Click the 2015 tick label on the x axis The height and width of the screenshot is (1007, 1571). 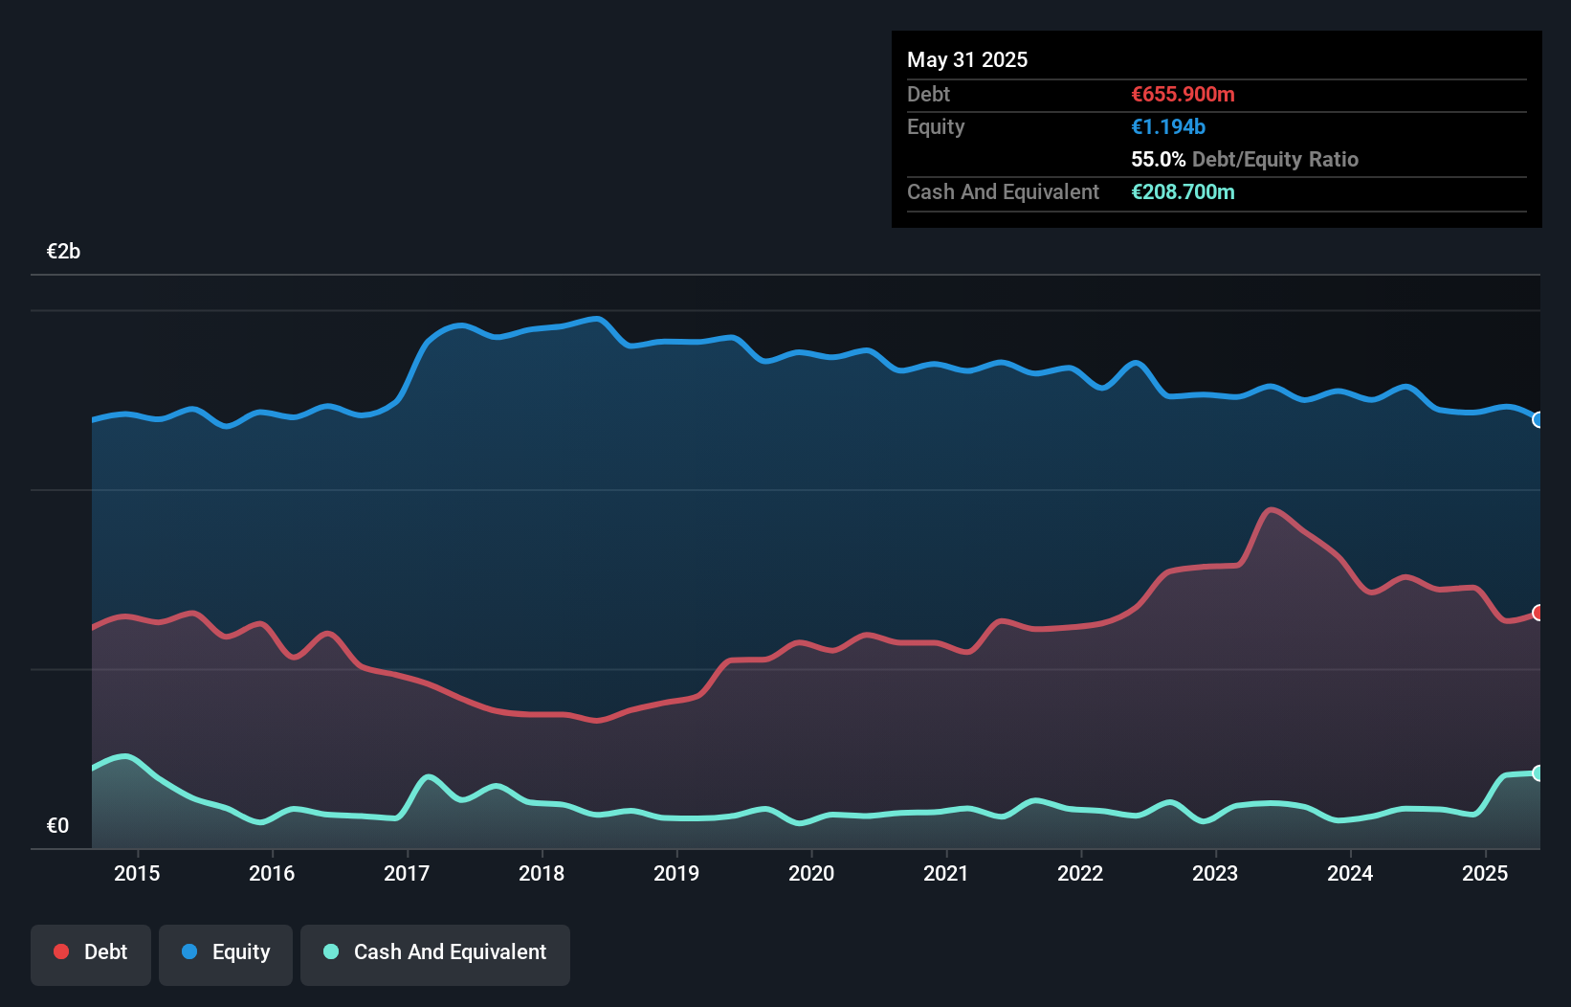click(137, 873)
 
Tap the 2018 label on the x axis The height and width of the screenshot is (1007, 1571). click(542, 873)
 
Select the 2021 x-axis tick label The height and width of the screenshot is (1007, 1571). click(945, 873)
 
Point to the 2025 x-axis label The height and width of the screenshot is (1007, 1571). click(1485, 873)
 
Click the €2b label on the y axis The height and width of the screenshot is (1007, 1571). click(63, 252)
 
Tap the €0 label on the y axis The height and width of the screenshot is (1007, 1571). click(57, 825)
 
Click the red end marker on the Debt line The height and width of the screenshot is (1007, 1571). click(1538, 613)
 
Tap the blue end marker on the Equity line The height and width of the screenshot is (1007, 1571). click(1538, 419)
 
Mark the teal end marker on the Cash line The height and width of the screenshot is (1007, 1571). click(1538, 772)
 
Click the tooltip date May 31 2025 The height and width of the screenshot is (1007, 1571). click(967, 59)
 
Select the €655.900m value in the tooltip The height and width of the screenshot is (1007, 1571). click(1183, 94)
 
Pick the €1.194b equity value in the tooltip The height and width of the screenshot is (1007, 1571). click(1168, 126)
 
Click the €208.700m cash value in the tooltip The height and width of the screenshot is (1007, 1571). click(1183, 191)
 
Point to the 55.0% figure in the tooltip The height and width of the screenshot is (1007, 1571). click(1158, 159)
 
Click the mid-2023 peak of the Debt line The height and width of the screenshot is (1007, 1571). click(1271, 509)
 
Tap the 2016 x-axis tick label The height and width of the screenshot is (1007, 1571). click(272, 873)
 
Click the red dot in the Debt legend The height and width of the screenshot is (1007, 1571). click(61, 951)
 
